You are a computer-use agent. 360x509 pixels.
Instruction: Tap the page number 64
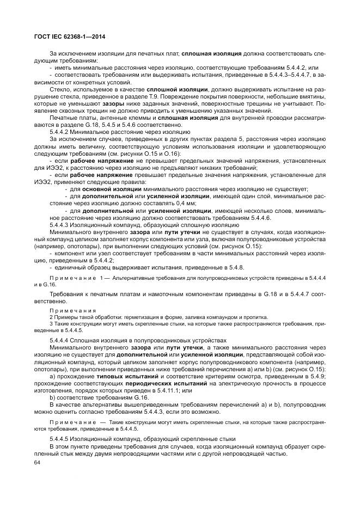(x=38, y=463)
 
